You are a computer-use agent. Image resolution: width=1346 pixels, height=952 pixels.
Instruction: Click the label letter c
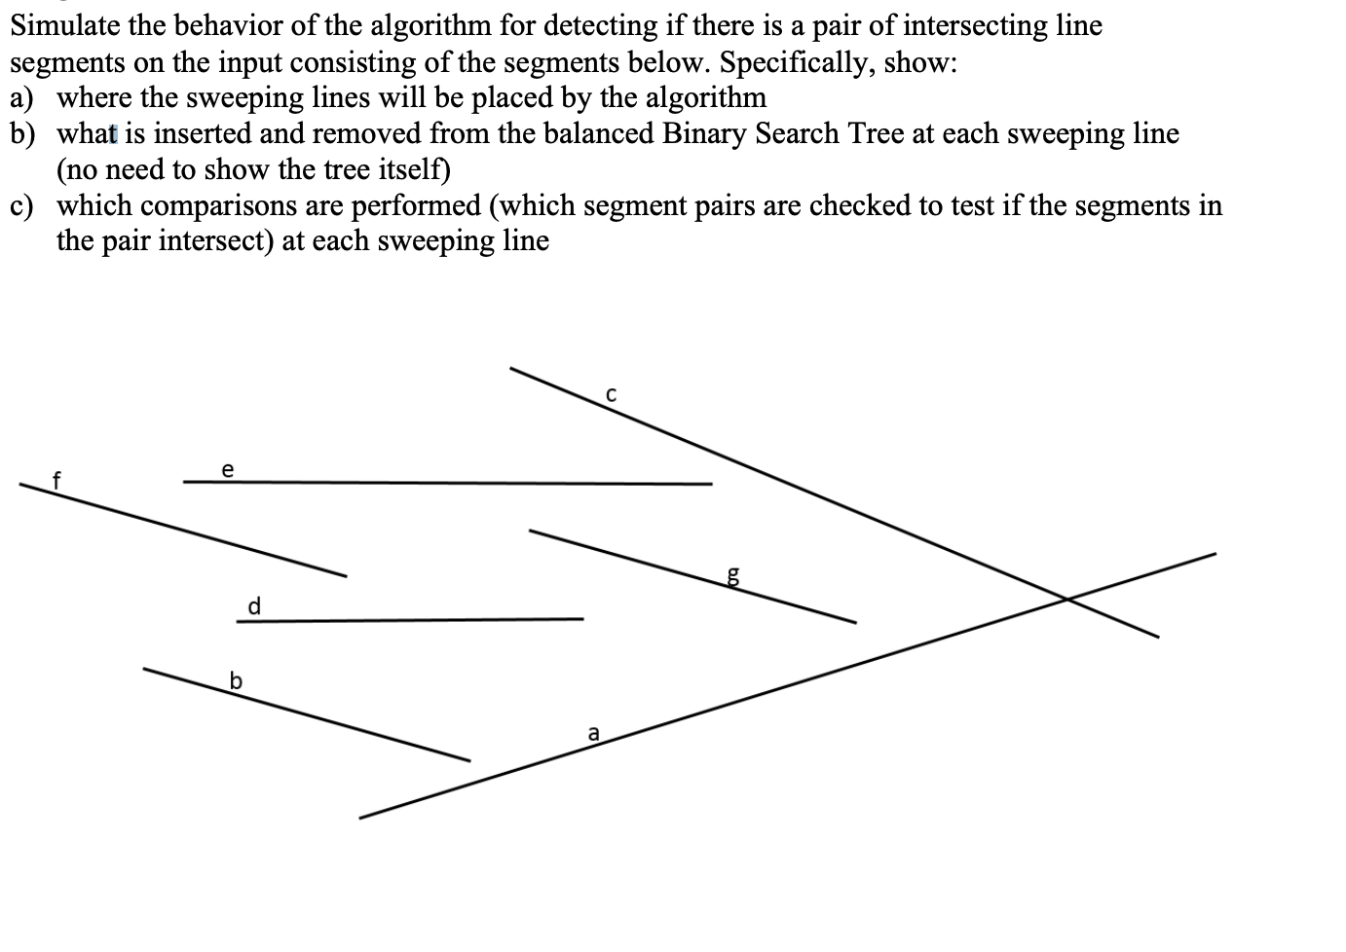coord(611,395)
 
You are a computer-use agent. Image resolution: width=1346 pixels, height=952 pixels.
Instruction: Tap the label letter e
coord(228,470)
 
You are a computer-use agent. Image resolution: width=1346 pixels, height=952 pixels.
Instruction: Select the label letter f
coord(56,479)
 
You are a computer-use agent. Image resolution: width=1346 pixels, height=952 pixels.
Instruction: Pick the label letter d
coord(254,606)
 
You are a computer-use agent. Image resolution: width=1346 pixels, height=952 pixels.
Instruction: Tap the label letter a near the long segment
coord(593,732)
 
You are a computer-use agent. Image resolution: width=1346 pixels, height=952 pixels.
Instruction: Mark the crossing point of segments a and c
coord(1067,598)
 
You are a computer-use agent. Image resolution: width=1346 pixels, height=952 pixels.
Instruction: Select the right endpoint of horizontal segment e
coord(712,484)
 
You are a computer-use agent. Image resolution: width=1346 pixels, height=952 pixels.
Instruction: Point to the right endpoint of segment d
coord(583,619)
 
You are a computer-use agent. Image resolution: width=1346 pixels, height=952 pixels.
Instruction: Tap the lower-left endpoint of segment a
coord(359,818)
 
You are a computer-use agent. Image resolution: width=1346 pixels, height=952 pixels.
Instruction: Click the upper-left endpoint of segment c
coord(510,368)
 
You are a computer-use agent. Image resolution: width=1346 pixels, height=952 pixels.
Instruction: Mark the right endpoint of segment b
coord(470,760)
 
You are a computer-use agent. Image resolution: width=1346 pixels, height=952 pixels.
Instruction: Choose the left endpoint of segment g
coord(530,531)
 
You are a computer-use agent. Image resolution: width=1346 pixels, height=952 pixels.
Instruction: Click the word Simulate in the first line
coord(65,25)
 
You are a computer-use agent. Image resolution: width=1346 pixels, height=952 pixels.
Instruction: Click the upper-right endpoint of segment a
coord(1215,554)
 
